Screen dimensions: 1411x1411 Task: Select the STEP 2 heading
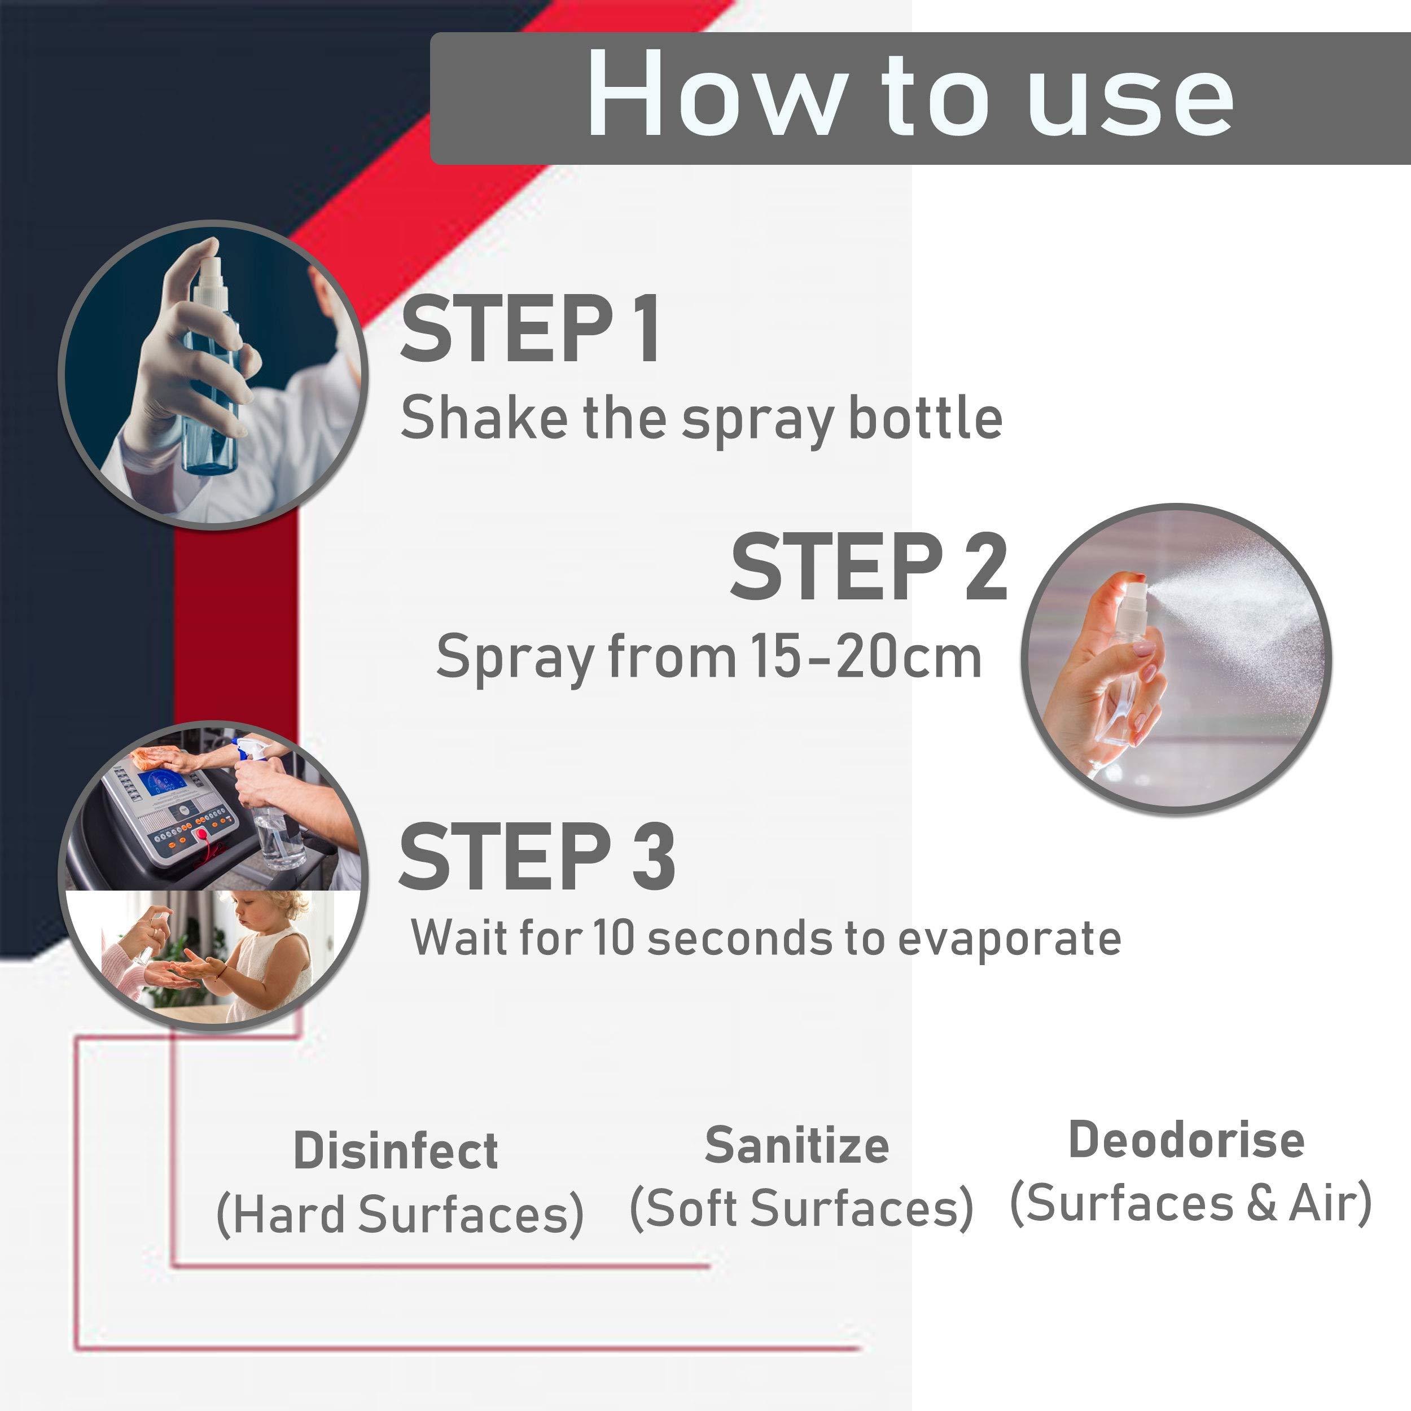(869, 567)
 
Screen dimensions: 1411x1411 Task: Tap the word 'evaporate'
(1009, 939)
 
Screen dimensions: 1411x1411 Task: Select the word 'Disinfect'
(396, 1151)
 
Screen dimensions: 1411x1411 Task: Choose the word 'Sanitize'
(797, 1145)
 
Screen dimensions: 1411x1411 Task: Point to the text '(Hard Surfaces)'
(400, 1215)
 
